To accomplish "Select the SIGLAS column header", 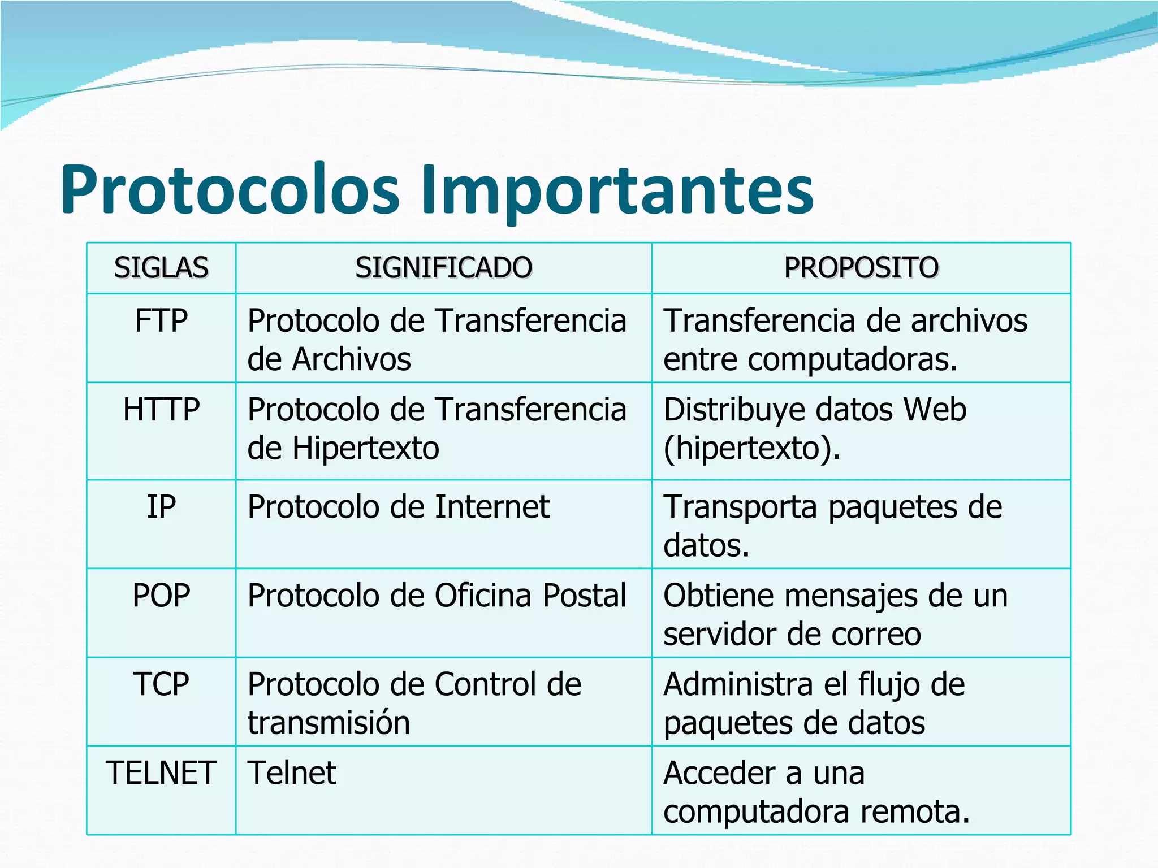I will coord(161,267).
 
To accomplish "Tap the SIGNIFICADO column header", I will coord(443,267).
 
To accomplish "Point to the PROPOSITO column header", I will coord(861,267).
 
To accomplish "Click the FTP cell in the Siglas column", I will coord(161,321).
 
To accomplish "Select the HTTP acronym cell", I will coord(161,410).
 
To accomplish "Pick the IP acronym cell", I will coord(161,507).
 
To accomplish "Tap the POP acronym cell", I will coord(161,596).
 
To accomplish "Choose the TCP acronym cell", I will coord(161,684).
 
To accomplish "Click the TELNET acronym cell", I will coord(161,773).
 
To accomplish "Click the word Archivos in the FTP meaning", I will coord(352,359).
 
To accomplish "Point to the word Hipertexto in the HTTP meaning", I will coord(366,448).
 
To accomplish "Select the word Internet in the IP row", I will coord(492,507).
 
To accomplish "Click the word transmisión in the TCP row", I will coord(329,723).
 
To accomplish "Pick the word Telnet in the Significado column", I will coord(292,773).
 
